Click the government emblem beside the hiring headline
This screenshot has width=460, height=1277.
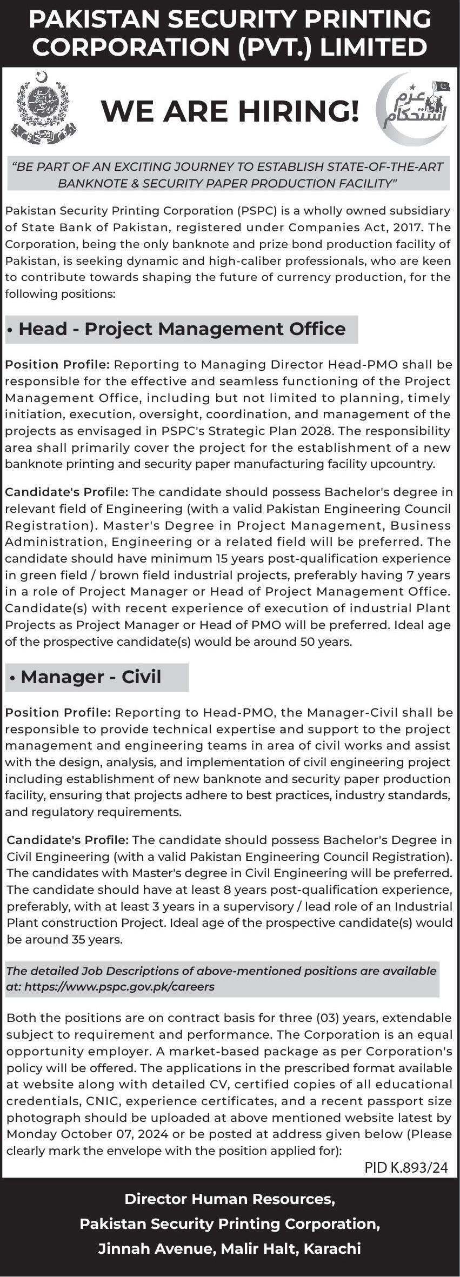[43, 109]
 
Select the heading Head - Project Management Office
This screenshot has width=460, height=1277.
[182, 329]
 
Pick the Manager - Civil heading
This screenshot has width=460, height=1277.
[91, 677]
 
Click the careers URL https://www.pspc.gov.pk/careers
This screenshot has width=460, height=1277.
[119, 986]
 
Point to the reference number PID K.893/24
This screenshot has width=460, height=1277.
[406, 1167]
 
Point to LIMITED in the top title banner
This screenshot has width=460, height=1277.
[374, 48]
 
